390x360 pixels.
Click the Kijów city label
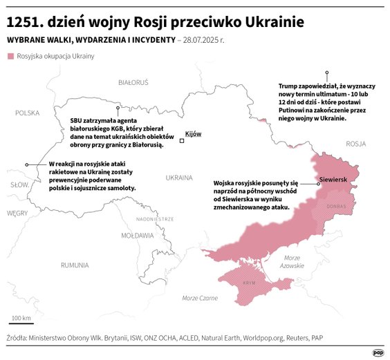click(x=194, y=133)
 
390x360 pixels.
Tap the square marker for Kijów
click(x=182, y=141)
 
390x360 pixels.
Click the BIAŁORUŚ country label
click(x=133, y=82)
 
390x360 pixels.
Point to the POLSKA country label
click(x=28, y=113)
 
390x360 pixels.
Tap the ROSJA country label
click(x=355, y=144)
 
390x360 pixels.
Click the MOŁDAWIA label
click(x=138, y=236)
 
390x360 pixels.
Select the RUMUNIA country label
click(x=75, y=265)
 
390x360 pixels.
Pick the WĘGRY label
click(x=17, y=214)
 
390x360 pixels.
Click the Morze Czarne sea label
click(x=200, y=298)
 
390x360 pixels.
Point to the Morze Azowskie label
click(x=292, y=262)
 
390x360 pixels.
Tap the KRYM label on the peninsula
click(x=250, y=283)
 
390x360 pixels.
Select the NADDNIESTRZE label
click(x=154, y=218)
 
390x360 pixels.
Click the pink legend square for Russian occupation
click(x=10, y=56)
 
